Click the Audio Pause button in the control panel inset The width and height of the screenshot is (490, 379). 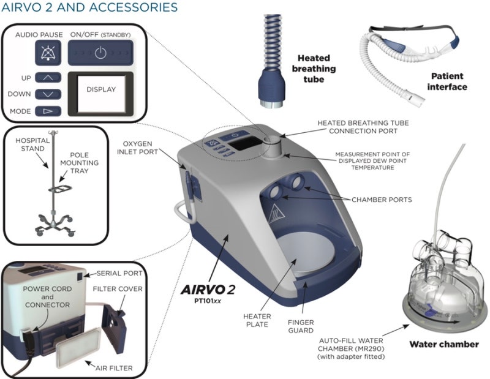48,53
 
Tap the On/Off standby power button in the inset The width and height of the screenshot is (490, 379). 100,53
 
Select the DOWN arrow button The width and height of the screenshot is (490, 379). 48,94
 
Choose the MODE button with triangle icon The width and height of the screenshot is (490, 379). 48,111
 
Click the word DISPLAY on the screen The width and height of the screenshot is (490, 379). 101,89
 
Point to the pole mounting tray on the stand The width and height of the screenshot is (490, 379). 60,189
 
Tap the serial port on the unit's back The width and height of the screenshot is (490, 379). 80,276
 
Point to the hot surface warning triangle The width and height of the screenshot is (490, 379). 276,214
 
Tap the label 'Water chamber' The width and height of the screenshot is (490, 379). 443,344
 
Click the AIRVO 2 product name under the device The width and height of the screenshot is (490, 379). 208,290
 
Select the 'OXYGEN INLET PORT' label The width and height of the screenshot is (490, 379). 137,148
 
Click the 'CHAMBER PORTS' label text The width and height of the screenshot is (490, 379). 382,200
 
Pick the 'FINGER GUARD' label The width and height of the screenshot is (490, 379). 301,326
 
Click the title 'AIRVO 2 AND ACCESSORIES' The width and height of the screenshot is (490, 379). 89,7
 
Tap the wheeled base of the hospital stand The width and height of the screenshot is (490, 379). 55,223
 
